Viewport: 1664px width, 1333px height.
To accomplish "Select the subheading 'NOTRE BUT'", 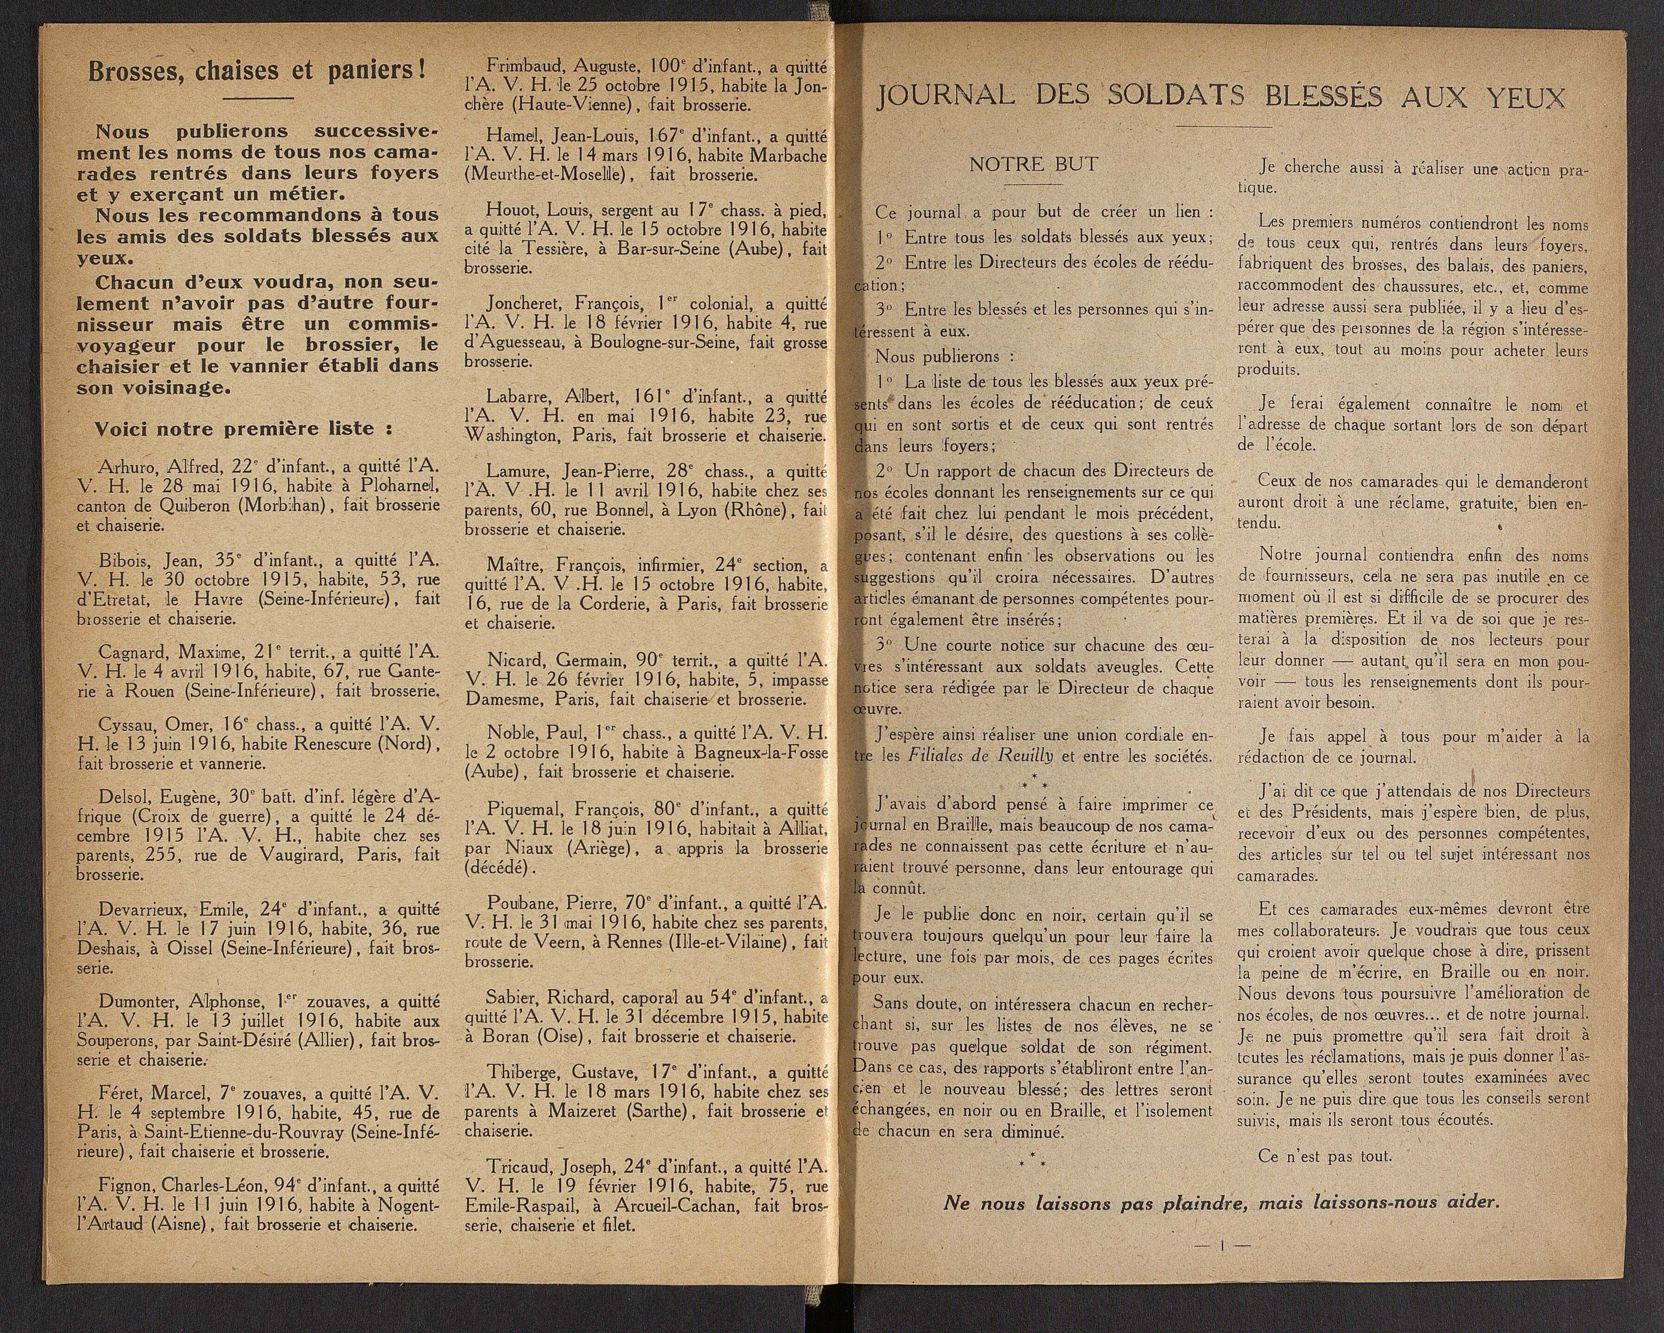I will point(1033,165).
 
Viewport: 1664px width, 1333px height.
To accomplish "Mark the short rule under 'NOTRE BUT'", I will point(1033,186).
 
